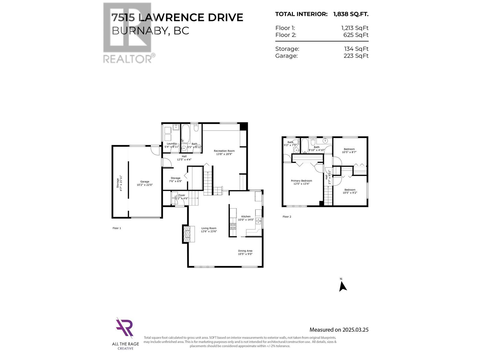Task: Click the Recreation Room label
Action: pos(224,151)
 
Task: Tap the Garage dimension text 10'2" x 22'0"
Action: pos(145,185)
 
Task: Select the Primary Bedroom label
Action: pos(301,181)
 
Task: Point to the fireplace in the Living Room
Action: pos(187,234)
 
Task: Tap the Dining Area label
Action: pos(245,251)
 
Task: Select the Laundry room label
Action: pos(172,144)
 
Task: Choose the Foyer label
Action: pos(181,195)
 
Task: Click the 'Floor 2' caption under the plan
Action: pos(287,217)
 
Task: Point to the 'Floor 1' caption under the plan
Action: pos(117,228)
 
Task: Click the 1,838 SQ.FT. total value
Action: pos(351,14)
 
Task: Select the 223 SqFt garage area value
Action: pos(356,56)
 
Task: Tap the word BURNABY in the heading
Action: pos(138,31)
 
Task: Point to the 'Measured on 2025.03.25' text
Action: pos(339,330)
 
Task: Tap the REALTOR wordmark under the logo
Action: pos(128,58)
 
